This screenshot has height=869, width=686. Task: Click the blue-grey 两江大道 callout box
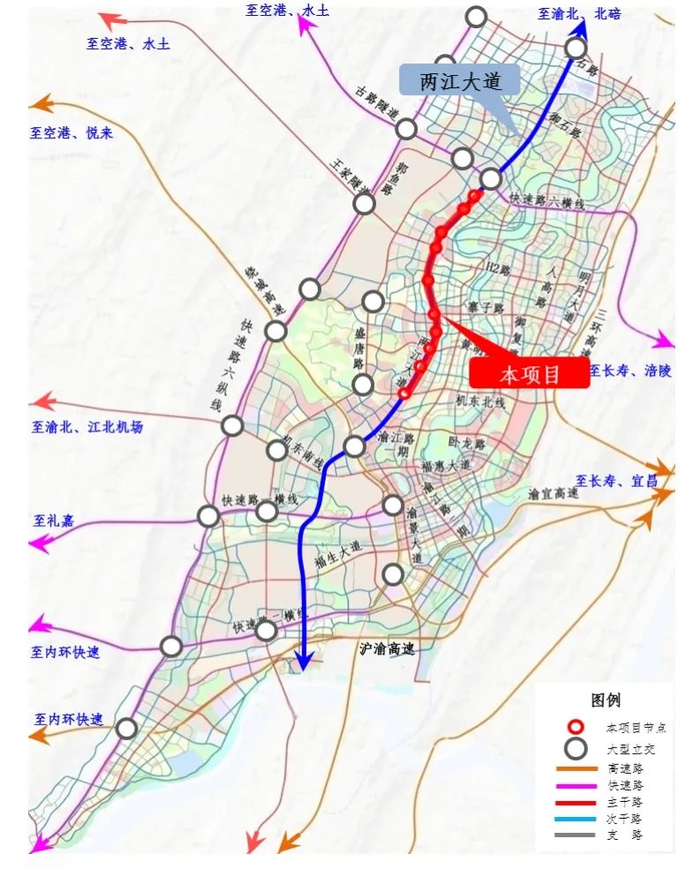(459, 81)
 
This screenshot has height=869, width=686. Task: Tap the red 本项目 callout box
(530, 373)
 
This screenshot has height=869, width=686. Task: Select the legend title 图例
(606, 700)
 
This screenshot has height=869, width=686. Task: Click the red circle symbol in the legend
(577, 728)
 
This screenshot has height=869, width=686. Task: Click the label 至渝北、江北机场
(87, 427)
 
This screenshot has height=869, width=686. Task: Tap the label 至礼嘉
(54, 521)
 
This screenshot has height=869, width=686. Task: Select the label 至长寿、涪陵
(629, 370)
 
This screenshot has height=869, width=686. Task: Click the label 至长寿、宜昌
(617, 481)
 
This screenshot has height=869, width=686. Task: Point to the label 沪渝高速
(387, 648)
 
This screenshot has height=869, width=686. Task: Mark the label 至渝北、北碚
(579, 13)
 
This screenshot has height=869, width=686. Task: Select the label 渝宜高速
(553, 494)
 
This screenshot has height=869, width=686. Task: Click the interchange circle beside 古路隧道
(406, 129)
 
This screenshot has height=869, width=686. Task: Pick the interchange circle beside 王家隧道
(364, 205)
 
